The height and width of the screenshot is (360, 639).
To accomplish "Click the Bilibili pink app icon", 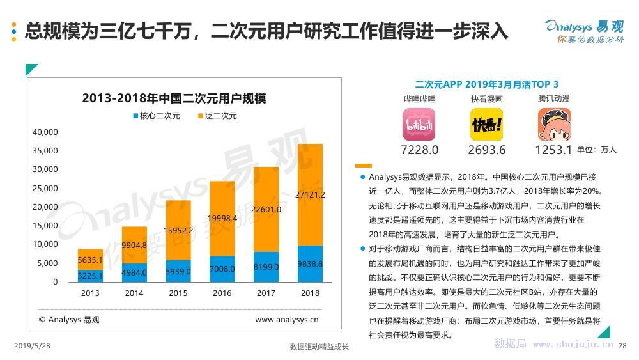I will tap(419, 124).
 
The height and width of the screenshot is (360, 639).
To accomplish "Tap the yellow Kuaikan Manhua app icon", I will tap(487, 124).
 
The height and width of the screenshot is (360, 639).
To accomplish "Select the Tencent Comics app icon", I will tap(553, 124).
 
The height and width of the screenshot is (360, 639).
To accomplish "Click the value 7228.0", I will tap(420, 150).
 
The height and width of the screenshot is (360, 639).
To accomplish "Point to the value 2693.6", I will tap(487, 150).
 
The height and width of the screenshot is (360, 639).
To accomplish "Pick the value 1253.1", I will tap(553, 150).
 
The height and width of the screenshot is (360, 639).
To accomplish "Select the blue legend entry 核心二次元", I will tap(157, 116).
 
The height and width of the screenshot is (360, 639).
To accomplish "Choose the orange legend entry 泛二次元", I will tap(217, 116).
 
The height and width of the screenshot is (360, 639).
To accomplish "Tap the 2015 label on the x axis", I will tap(178, 293).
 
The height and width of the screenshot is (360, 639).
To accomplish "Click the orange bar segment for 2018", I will tap(310, 194).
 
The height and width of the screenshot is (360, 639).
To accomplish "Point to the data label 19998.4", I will tap(222, 218).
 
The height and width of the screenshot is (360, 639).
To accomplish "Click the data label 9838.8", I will tap(310, 263).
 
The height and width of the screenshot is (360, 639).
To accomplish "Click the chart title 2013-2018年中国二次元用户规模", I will tap(174, 98).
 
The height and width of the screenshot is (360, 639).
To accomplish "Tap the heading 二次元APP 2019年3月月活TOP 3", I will tap(486, 84).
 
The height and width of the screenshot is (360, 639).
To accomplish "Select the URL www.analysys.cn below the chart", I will tap(287, 320).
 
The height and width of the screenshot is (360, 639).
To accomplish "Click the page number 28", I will tap(623, 346).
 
